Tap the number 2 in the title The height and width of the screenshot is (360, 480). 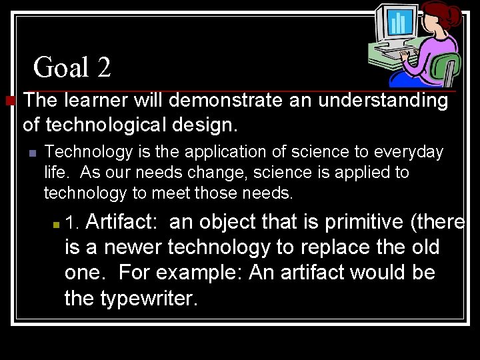pyautogui.click(x=103, y=67)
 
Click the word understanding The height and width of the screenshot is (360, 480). pyautogui.click(x=383, y=101)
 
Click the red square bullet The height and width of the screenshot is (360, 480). pyautogui.click(x=9, y=101)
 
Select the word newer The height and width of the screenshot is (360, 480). pyautogui.click(x=133, y=247)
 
